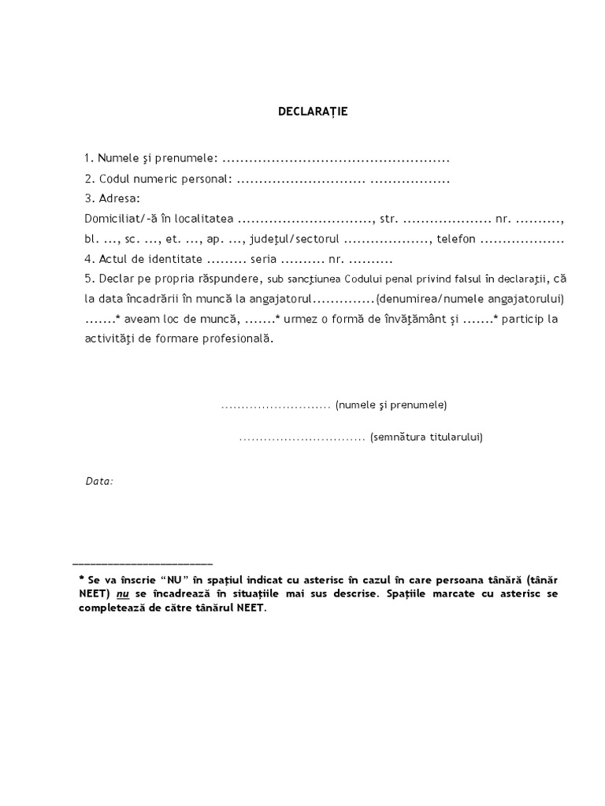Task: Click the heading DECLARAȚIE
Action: [313, 112]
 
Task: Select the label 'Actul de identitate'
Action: [151, 259]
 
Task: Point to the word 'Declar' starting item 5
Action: [116, 279]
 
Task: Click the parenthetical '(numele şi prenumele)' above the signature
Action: [391, 405]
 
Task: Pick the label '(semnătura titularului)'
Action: [426, 437]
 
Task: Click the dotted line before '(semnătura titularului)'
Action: [302, 438]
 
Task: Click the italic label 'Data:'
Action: [99, 480]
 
